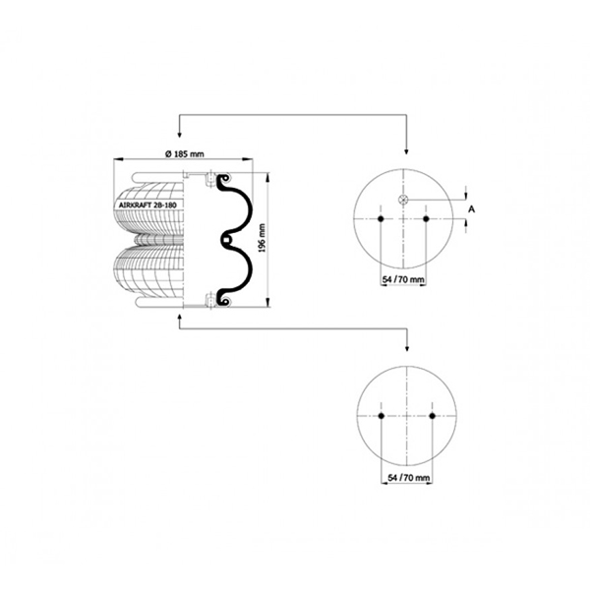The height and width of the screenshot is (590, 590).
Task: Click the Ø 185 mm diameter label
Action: (185, 154)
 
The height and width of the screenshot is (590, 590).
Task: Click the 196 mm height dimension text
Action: (263, 238)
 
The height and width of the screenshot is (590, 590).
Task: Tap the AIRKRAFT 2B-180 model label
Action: (147, 206)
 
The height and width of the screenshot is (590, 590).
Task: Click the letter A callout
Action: (471, 208)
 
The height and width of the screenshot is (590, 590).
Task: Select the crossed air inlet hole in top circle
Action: (403, 200)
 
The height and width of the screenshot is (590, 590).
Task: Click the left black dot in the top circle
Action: (381, 218)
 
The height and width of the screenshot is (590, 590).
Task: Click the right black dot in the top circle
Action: (426, 218)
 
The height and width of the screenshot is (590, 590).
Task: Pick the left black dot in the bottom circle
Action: (382, 416)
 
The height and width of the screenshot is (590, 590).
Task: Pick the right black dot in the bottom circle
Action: (432, 416)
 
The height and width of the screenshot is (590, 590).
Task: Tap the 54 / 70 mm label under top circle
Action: (403, 279)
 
